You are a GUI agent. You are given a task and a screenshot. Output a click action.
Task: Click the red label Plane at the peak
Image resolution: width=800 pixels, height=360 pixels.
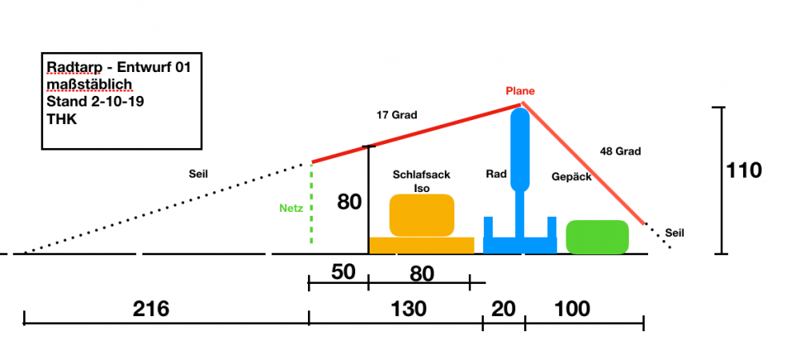(520, 91)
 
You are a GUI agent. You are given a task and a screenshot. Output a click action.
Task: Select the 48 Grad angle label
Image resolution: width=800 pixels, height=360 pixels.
(621, 150)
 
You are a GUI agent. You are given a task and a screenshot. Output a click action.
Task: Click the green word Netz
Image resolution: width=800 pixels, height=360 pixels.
(290, 209)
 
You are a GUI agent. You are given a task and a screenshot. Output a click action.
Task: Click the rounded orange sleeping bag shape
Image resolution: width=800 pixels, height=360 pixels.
(422, 215)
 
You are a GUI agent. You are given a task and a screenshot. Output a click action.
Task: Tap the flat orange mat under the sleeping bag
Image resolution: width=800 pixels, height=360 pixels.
(421, 246)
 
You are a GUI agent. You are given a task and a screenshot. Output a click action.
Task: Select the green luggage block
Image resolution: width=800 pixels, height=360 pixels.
(597, 237)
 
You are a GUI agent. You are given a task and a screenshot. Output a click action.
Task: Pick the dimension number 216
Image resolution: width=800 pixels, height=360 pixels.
(151, 309)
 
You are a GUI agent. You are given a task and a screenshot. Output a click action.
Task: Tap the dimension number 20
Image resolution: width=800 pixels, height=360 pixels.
(504, 309)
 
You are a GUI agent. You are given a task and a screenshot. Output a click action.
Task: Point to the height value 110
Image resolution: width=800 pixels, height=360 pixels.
(744, 170)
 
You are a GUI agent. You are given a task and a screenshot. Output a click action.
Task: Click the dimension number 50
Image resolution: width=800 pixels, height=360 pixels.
(342, 271)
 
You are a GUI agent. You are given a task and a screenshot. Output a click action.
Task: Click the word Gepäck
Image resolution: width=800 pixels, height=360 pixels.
(572, 177)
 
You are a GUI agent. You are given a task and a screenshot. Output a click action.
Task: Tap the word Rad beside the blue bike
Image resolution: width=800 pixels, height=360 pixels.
(496, 174)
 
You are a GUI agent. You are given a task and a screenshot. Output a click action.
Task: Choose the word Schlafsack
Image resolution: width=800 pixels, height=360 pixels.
(422, 174)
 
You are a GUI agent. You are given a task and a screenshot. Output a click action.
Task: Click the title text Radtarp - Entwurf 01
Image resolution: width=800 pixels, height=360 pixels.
(118, 67)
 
